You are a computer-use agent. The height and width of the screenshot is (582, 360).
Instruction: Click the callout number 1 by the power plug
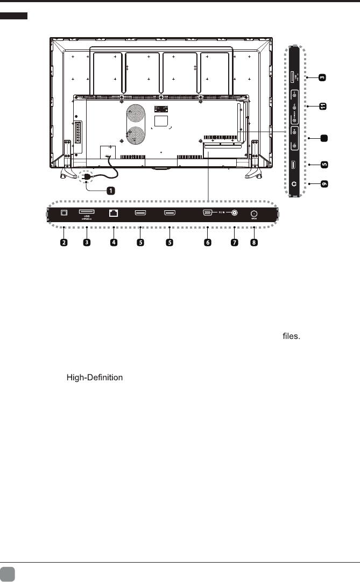109,190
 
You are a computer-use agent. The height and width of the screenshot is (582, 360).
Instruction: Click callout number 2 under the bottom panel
64,243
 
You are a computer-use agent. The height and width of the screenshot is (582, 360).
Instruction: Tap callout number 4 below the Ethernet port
114,243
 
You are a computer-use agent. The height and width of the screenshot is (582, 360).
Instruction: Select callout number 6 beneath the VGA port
208,243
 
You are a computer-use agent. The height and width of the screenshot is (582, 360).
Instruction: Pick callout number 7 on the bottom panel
234,243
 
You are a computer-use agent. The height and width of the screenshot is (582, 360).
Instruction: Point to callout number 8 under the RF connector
254,243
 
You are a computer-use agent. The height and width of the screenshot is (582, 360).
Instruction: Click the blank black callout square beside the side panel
324,138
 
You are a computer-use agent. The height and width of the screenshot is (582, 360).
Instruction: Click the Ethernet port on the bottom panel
114,213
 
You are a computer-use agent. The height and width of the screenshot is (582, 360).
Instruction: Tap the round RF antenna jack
253,213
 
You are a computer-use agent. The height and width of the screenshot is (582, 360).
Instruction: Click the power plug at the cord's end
84,177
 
